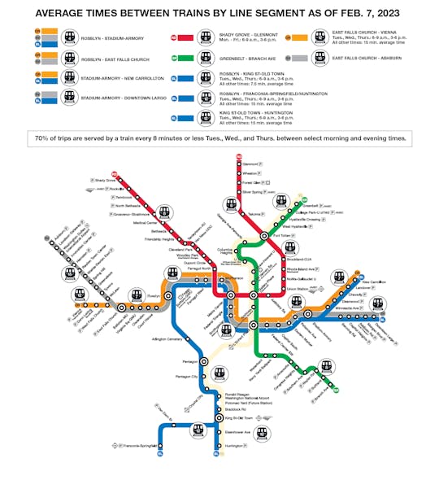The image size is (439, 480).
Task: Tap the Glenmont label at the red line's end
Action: click(x=254, y=163)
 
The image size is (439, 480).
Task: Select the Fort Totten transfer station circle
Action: click(x=264, y=235)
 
